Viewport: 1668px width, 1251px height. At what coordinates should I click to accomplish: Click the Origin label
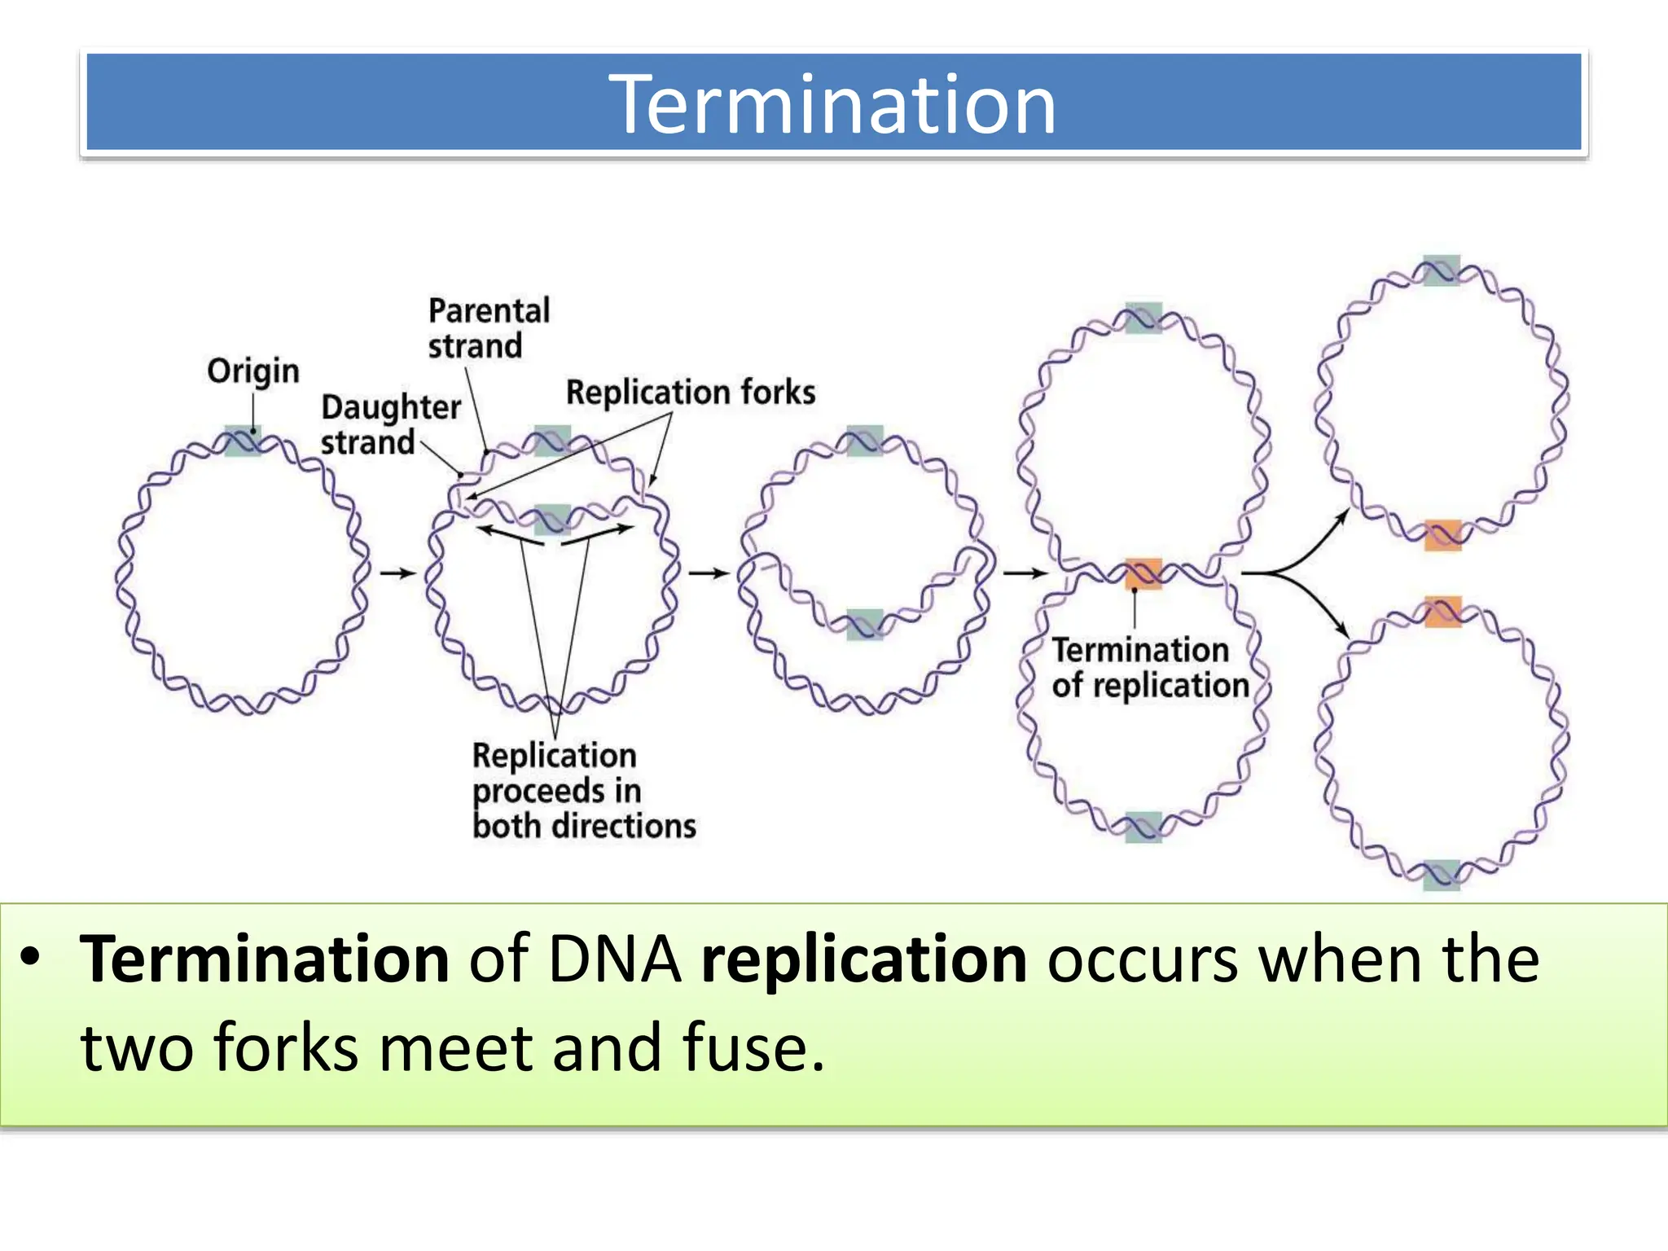(x=252, y=371)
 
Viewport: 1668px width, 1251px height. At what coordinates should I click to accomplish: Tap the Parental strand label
(x=488, y=328)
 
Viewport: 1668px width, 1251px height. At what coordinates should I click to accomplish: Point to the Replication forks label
(x=690, y=392)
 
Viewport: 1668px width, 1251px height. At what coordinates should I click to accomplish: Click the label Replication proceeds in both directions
(x=582, y=790)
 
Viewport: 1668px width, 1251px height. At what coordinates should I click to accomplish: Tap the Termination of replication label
(x=1149, y=668)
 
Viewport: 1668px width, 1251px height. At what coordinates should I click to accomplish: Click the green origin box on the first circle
(x=242, y=441)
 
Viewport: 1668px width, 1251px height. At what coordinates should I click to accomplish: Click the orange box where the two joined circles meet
(x=1143, y=573)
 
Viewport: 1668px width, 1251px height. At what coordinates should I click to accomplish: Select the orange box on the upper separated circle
(x=1442, y=535)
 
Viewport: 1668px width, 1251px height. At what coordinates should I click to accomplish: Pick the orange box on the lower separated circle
(x=1442, y=611)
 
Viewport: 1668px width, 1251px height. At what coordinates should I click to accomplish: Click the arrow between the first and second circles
(x=397, y=573)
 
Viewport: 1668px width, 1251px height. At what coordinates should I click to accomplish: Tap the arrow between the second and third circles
(x=708, y=573)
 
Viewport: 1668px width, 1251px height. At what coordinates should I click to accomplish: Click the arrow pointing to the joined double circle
(x=1025, y=573)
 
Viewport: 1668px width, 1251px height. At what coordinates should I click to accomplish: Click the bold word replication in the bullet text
(x=863, y=959)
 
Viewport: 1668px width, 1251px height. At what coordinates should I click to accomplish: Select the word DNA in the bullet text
(x=614, y=959)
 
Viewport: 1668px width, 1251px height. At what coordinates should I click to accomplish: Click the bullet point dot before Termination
(x=30, y=956)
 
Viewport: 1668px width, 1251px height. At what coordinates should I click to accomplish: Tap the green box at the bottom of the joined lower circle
(x=1143, y=827)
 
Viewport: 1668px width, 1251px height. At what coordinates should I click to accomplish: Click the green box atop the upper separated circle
(x=1441, y=270)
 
